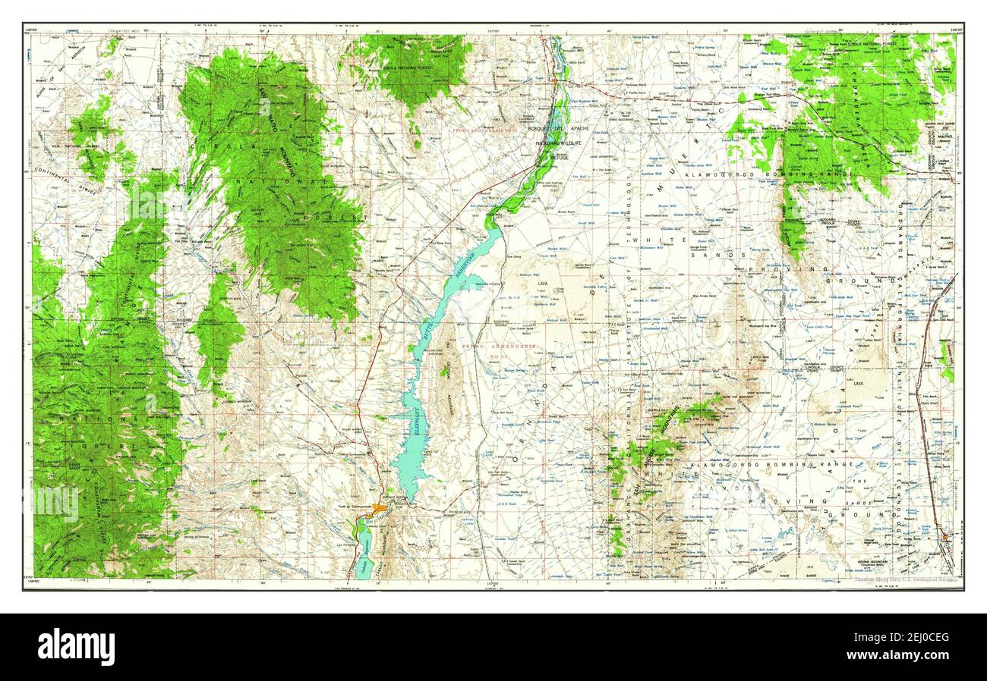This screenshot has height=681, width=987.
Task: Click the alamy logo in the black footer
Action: [x=76, y=647]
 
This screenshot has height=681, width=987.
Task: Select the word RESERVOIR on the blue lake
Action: [x=461, y=266]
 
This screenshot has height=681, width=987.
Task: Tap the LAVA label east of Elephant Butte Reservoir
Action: [x=542, y=284]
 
